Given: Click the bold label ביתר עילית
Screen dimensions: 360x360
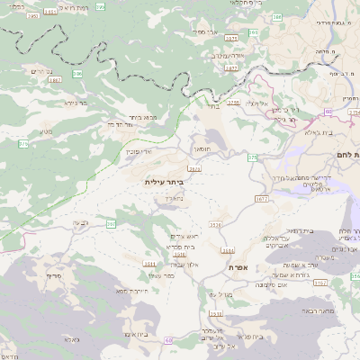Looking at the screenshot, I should click(164, 182).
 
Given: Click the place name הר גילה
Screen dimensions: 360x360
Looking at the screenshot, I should click(284, 118).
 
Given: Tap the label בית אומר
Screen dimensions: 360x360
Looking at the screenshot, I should click(133, 334).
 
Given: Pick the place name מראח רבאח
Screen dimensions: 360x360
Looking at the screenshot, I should click(319, 310).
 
